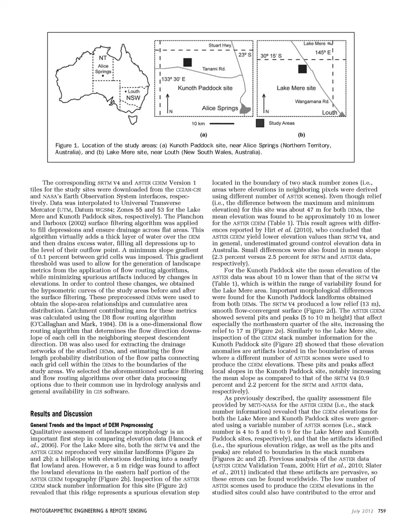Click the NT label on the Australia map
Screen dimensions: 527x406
[103, 58]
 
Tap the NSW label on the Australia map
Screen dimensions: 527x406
[133, 98]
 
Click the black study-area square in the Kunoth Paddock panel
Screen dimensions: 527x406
[187, 62]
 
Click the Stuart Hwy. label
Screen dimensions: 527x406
[220, 45]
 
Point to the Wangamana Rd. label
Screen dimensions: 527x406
[312, 102]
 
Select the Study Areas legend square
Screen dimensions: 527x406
[260, 123]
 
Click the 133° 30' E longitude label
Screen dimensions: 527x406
[173, 79]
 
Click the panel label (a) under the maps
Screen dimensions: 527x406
[203, 135]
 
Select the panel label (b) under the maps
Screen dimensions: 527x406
[302, 135]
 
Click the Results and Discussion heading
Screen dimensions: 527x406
[61, 414]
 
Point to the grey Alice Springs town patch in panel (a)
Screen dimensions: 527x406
[245, 109]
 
